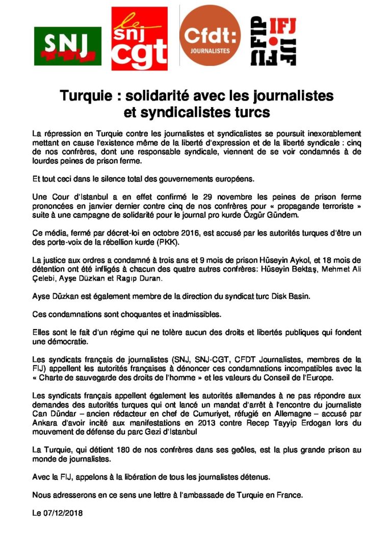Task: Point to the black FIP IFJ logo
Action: (273, 41)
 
